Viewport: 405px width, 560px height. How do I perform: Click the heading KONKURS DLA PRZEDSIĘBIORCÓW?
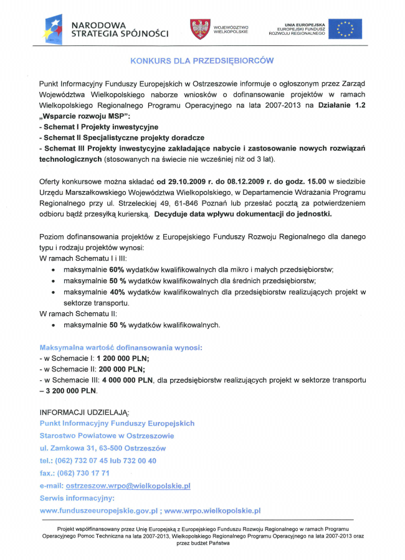pos(202,61)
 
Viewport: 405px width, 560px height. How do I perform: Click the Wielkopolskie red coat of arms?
pos(199,29)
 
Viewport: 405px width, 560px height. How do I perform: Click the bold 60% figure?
pos(117,269)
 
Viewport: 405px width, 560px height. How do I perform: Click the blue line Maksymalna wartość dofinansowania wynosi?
pos(120,347)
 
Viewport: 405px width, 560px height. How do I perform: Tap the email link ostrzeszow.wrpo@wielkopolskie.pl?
pos(128,485)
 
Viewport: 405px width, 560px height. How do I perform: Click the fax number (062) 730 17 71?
pos(83,473)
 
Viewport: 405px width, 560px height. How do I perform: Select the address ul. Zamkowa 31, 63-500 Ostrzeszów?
pos(103,448)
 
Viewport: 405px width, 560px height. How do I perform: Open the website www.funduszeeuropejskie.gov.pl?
pos(98,511)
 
